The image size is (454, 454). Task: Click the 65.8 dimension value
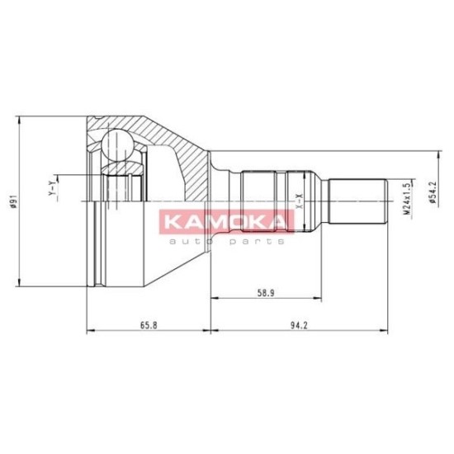click(x=149, y=325)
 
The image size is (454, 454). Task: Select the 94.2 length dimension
click(x=299, y=325)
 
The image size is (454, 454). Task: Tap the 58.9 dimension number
click(x=266, y=293)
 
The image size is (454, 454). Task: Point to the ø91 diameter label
click(x=13, y=201)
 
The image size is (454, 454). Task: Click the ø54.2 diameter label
click(x=433, y=192)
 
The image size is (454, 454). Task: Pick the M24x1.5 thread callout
click(x=407, y=198)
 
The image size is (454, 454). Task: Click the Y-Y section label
click(x=51, y=187)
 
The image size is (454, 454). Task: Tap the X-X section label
click(x=300, y=201)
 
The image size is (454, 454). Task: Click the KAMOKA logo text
click(x=226, y=222)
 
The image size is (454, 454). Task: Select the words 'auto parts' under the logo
click(x=226, y=241)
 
